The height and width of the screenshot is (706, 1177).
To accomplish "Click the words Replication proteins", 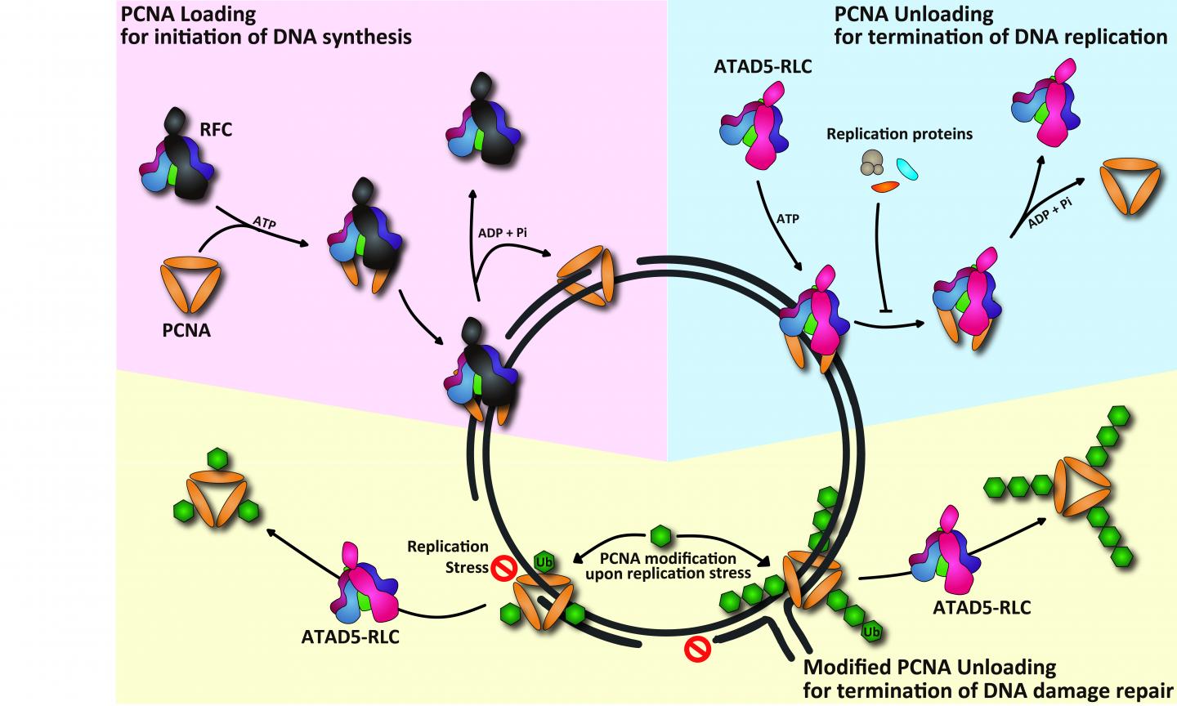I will coord(899,134).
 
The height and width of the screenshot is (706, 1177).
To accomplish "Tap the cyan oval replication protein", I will coord(907,168).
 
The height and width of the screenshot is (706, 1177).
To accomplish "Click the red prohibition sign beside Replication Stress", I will coord(501,565).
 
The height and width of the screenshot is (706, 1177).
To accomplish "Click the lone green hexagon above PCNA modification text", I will coord(660,537).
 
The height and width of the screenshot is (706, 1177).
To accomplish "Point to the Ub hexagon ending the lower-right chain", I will coord(871,632).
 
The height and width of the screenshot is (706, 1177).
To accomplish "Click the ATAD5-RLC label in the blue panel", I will coord(763,67).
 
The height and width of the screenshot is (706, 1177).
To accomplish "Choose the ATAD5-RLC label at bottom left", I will coord(351,637).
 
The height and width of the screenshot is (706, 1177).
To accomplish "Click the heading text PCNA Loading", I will coord(187,14).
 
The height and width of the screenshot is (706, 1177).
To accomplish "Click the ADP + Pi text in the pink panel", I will coord(503,233).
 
